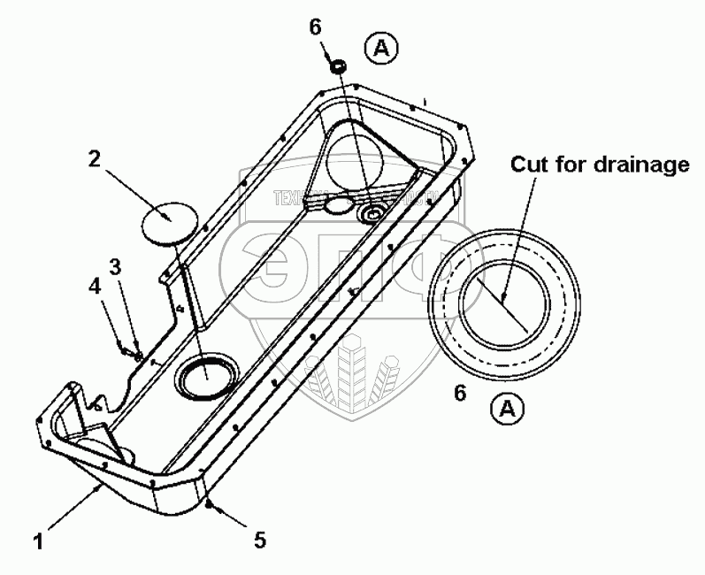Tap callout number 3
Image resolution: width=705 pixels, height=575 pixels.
point(116,265)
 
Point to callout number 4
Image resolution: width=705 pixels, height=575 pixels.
point(95,286)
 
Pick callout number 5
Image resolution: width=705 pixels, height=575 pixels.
point(259,539)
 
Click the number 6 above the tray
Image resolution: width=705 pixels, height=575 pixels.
point(316,27)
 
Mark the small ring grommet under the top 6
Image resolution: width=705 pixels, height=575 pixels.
point(338,66)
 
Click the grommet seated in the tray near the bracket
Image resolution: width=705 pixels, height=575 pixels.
point(372,213)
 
